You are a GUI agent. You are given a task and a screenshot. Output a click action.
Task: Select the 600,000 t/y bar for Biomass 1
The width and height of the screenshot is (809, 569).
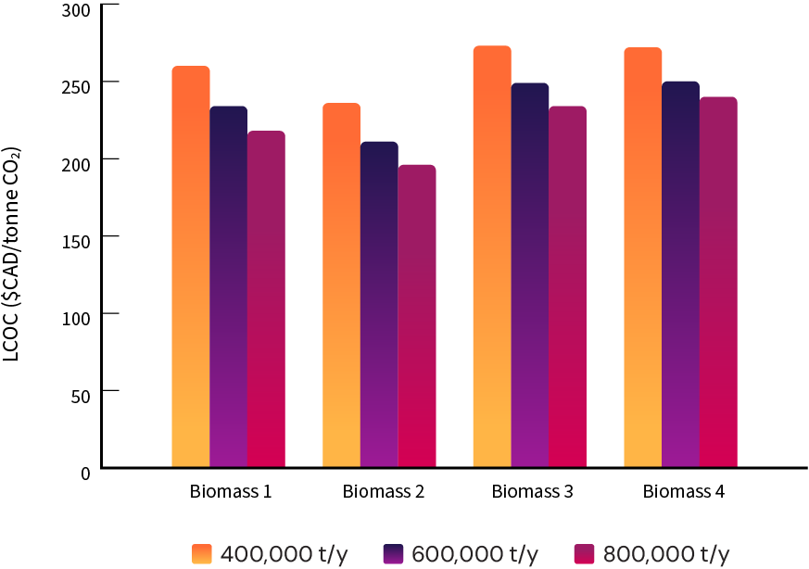tap(229, 286)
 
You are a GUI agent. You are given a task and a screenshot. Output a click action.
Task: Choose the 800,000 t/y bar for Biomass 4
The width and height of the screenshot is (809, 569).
tap(718, 282)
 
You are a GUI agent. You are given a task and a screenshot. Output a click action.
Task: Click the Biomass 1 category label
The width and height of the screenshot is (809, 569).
tap(230, 491)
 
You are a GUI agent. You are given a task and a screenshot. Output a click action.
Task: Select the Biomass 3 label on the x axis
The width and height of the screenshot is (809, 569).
tap(532, 491)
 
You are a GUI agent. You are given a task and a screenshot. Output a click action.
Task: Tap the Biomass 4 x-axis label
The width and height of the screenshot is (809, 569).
tap(683, 491)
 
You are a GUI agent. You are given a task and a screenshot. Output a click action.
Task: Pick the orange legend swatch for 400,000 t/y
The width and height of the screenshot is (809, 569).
tap(203, 553)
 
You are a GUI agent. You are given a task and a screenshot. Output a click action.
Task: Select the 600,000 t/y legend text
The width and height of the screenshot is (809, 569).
tap(474, 553)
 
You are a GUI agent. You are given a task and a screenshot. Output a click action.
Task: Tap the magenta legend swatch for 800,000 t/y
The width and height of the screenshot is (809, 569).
tap(585, 553)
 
